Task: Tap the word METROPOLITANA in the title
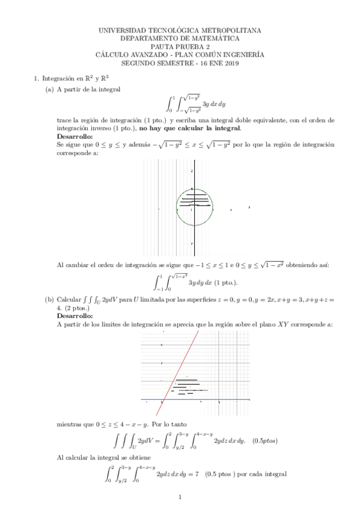click(231, 29)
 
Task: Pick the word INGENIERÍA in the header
click(242, 54)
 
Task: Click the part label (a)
click(49, 90)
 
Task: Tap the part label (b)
click(49, 299)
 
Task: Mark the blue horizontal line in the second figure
click(240, 399)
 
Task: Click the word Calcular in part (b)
click(69, 299)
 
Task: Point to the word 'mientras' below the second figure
click(69, 423)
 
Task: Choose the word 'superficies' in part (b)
click(201, 299)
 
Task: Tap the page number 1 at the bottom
click(180, 497)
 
